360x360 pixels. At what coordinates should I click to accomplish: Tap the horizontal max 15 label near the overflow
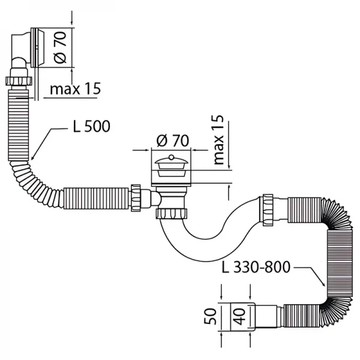75,90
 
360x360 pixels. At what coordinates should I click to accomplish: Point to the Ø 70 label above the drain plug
172,141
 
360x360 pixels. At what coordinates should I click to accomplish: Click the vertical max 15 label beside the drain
218,139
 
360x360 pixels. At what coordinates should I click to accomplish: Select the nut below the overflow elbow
22,81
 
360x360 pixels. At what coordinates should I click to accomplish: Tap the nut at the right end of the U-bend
267,206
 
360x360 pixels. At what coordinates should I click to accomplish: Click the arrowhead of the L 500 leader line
31,157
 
